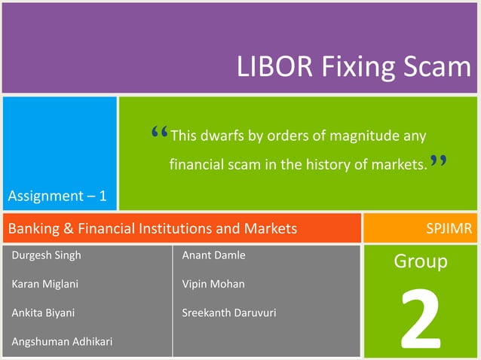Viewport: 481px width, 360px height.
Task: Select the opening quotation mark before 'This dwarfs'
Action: [159, 133]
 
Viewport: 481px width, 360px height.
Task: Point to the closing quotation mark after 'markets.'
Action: [439, 161]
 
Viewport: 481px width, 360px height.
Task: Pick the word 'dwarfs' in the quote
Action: [224, 136]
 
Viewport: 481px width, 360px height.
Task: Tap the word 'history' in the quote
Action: [328, 164]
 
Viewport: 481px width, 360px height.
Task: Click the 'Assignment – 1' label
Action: [57, 197]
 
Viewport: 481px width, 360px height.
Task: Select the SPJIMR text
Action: [449, 228]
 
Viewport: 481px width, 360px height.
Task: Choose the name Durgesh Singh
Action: [46, 255]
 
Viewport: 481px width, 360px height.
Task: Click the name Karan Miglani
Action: [44, 284]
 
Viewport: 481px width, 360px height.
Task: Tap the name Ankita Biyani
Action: [43, 313]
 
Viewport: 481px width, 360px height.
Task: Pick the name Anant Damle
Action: [213, 255]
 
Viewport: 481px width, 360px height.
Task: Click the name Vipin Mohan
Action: [213, 284]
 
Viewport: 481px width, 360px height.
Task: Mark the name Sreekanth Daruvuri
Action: [228, 313]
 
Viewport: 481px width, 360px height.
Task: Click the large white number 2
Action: [420, 320]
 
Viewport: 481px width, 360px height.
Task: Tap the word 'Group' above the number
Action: [421, 261]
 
